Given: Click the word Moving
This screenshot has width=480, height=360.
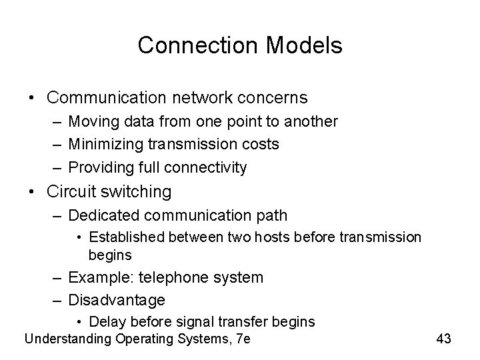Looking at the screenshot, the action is point(94,122).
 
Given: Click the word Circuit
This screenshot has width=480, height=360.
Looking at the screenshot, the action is point(72,192).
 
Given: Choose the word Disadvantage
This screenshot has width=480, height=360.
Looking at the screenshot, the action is point(117,299).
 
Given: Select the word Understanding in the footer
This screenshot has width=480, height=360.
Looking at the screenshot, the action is point(67,339).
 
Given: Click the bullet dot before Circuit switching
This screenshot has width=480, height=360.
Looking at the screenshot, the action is point(33,192).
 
